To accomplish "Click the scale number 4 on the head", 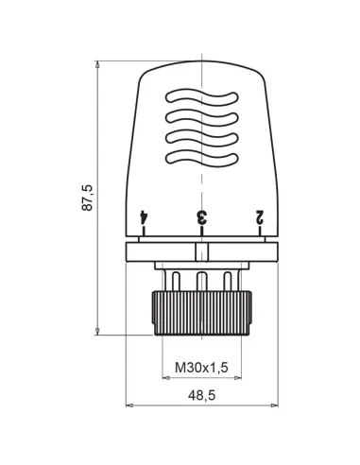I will [144, 216].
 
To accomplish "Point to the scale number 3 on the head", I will [200, 216].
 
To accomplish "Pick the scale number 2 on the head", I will [257, 216].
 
